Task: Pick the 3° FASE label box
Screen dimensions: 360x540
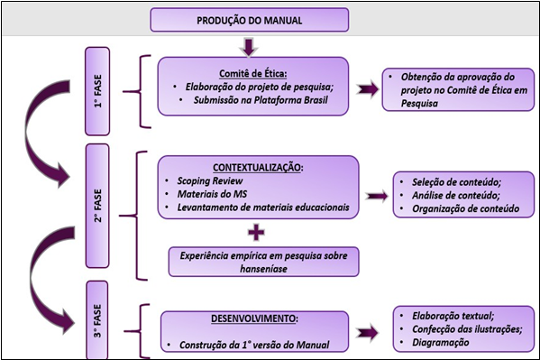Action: (x=102, y=323)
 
